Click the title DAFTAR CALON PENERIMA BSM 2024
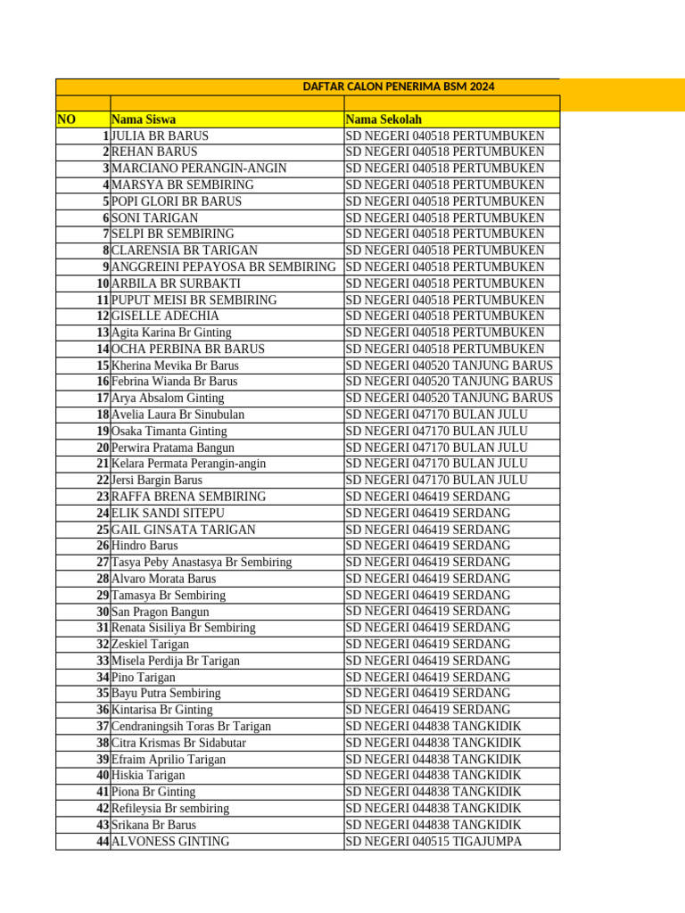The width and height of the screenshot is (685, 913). [x=398, y=86]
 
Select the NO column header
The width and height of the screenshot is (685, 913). [x=67, y=119]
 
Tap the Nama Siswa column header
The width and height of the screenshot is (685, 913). [x=144, y=119]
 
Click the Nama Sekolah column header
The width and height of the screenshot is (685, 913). [x=384, y=119]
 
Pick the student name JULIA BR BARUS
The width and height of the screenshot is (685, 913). [x=160, y=136]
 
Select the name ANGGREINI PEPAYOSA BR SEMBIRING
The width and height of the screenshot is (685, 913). [x=224, y=267]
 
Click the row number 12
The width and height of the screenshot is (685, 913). [x=103, y=316]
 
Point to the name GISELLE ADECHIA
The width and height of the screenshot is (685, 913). [x=165, y=316]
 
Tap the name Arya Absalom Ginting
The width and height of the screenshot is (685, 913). [x=168, y=398]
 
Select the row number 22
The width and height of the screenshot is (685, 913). [x=103, y=480]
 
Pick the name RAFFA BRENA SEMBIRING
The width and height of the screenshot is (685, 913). [x=188, y=497]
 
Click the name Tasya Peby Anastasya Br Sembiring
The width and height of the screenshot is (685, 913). [x=202, y=562]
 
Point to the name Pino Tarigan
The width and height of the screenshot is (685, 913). [x=144, y=677]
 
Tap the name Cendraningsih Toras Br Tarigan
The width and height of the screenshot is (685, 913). [x=191, y=726]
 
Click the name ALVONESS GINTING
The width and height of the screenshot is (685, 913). [x=170, y=841]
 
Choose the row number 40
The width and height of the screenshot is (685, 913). [x=103, y=775]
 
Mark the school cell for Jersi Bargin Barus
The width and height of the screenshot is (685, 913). [x=436, y=480]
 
